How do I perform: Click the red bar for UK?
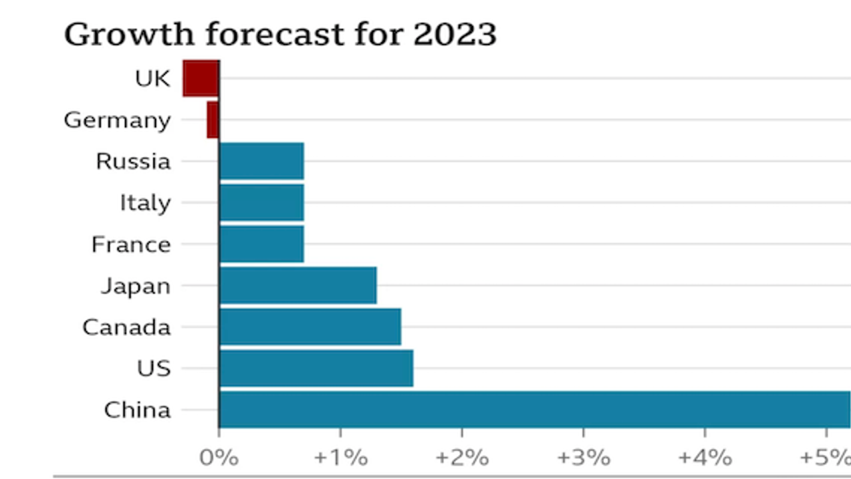(201, 79)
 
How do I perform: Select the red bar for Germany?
(213, 120)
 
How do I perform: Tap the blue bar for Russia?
(261, 161)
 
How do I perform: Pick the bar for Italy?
(261, 203)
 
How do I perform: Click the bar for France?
(261, 244)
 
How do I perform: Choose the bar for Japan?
(298, 285)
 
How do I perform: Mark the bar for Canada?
(310, 327)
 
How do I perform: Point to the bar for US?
(316, 369)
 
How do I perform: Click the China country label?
(138, 410)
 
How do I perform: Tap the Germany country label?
(118, 120)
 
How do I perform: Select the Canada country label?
(126, 327)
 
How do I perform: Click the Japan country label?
(136, 286)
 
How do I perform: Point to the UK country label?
(152, 79)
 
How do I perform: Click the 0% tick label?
(219, 458)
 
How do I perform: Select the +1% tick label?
(340, 458)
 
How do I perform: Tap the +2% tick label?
(461, 458)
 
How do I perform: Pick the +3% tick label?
(583, 458)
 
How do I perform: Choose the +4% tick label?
(705, 458)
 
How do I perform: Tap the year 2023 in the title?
(455, 35)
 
